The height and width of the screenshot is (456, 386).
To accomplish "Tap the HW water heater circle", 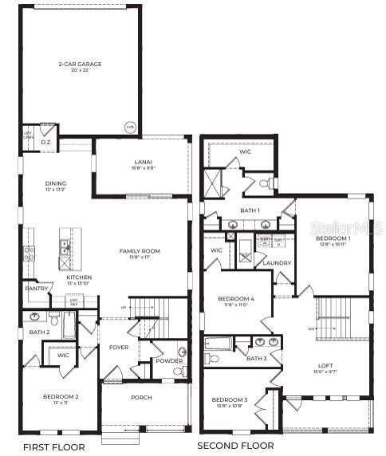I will point(130,128).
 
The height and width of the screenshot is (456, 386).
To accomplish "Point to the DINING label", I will point(56,183).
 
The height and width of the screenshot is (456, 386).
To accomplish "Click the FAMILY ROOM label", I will point(140,251).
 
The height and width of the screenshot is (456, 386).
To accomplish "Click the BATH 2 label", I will point(40,332).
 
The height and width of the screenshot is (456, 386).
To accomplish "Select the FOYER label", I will point(118,348).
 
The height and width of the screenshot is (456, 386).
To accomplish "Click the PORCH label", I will point(141,397).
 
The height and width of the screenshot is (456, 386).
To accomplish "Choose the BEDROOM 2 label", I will point(61,396).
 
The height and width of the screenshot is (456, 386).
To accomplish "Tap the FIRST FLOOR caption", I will point(53,446).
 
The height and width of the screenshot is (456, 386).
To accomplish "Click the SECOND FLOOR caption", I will point(235,446).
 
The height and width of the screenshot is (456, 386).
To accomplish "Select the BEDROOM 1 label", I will point(332,238).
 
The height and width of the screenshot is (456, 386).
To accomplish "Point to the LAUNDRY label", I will point(277,262).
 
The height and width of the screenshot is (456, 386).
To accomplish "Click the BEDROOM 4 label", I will point(236,299).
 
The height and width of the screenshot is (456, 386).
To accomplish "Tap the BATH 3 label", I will point(256,359).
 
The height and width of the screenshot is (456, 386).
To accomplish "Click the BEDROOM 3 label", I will point(230,399).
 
